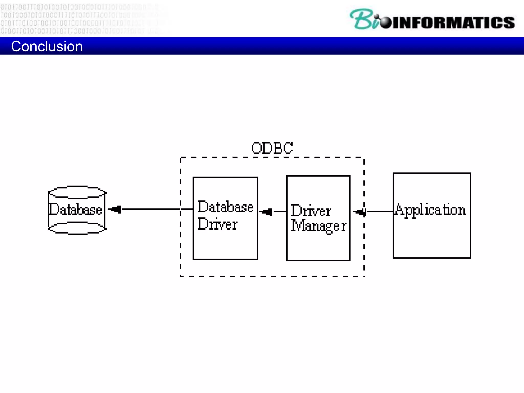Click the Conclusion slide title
click(x=47, y=47)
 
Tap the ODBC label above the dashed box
click(x=272, y=148)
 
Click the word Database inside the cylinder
click(x=75, y=210)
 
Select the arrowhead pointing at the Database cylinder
click(x=115, y=209)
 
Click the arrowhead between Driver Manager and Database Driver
click(x=267, y=212)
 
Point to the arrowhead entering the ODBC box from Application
click(x=360, y=212)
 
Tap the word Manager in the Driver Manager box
click(x=319, y=226)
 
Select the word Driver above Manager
click(x=311, y=211)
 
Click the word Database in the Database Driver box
click(x=225, y=207)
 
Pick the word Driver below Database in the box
click(x=217, y=224)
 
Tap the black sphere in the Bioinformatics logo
click(x=386, y=23)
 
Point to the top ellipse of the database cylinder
click(x=77, y=192)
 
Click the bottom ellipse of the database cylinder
click(x=77, y=228)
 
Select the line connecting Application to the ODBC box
click(x=380, y=212)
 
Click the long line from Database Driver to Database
click(x=151, y=209)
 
